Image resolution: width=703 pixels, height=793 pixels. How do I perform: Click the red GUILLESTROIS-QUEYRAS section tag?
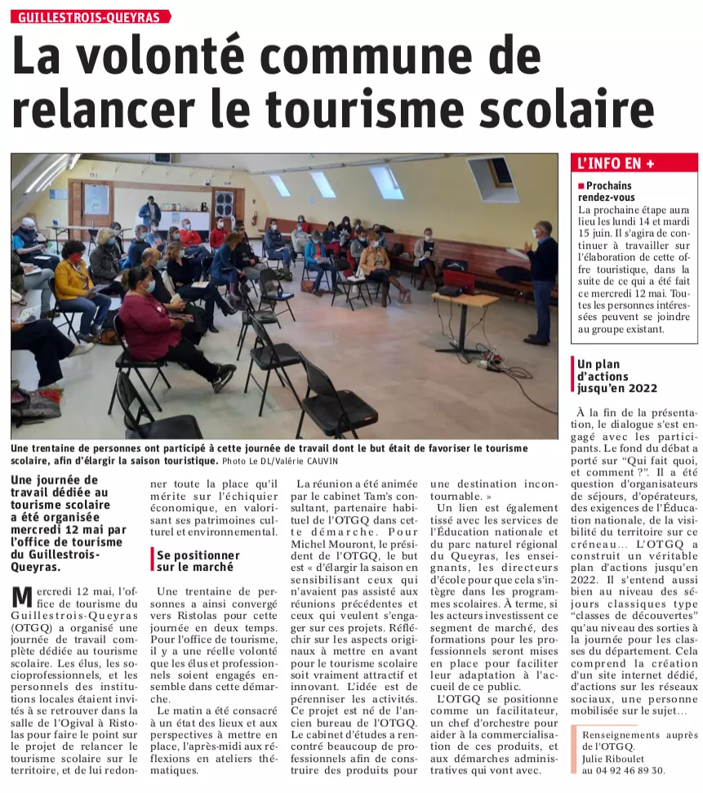[90, 16]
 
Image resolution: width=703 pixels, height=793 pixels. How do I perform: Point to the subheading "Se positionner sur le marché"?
[198, 560]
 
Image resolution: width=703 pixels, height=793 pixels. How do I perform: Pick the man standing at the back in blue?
[149, 212]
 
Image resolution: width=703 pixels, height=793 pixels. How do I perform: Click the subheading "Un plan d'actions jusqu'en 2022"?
[616, 376]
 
